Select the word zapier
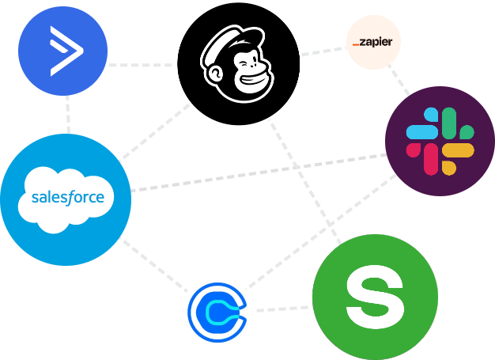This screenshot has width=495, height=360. pyautogui.click(x=376, y=42)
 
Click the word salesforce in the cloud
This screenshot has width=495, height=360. pyautogui.click(x=67, y=196)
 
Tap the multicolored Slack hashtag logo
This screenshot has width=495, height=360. pyautogui.click(x=440, y=141)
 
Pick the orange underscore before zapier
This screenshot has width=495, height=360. pyautogui.click(x=355, y=44)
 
